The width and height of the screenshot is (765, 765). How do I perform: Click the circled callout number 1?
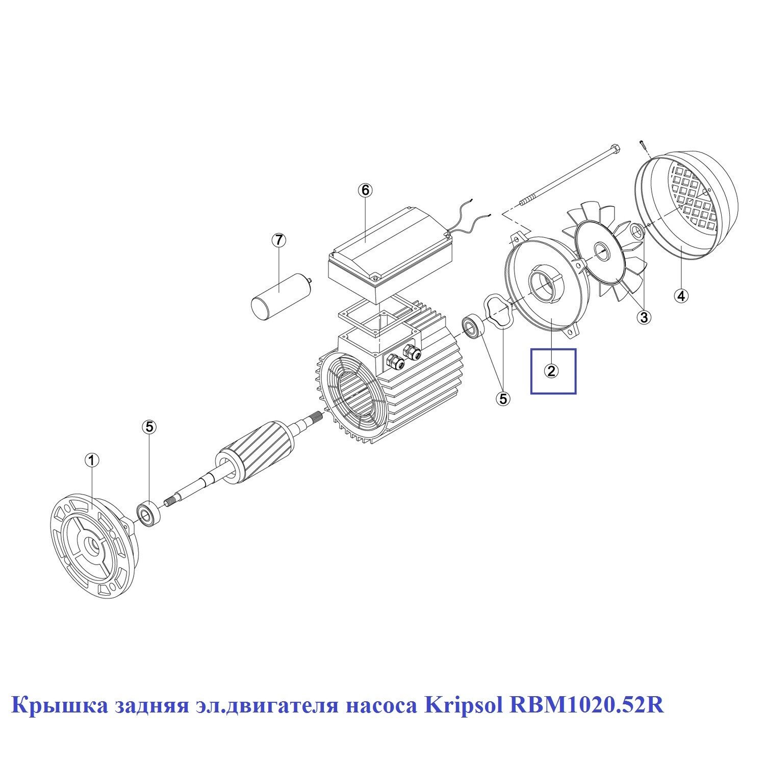tap(92, 461)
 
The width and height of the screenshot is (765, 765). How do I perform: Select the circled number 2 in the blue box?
tap(551, 371)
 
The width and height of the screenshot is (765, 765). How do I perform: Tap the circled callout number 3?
tap(644, 317)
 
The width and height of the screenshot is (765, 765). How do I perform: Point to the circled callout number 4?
tap(681, 295)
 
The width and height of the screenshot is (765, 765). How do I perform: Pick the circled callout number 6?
tap(365, 190)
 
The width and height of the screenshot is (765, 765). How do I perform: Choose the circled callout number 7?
tap(278, 240)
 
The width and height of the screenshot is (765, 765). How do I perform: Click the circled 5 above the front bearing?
tap(149, 426)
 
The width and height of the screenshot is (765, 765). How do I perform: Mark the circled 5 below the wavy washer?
tap(503, 398)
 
